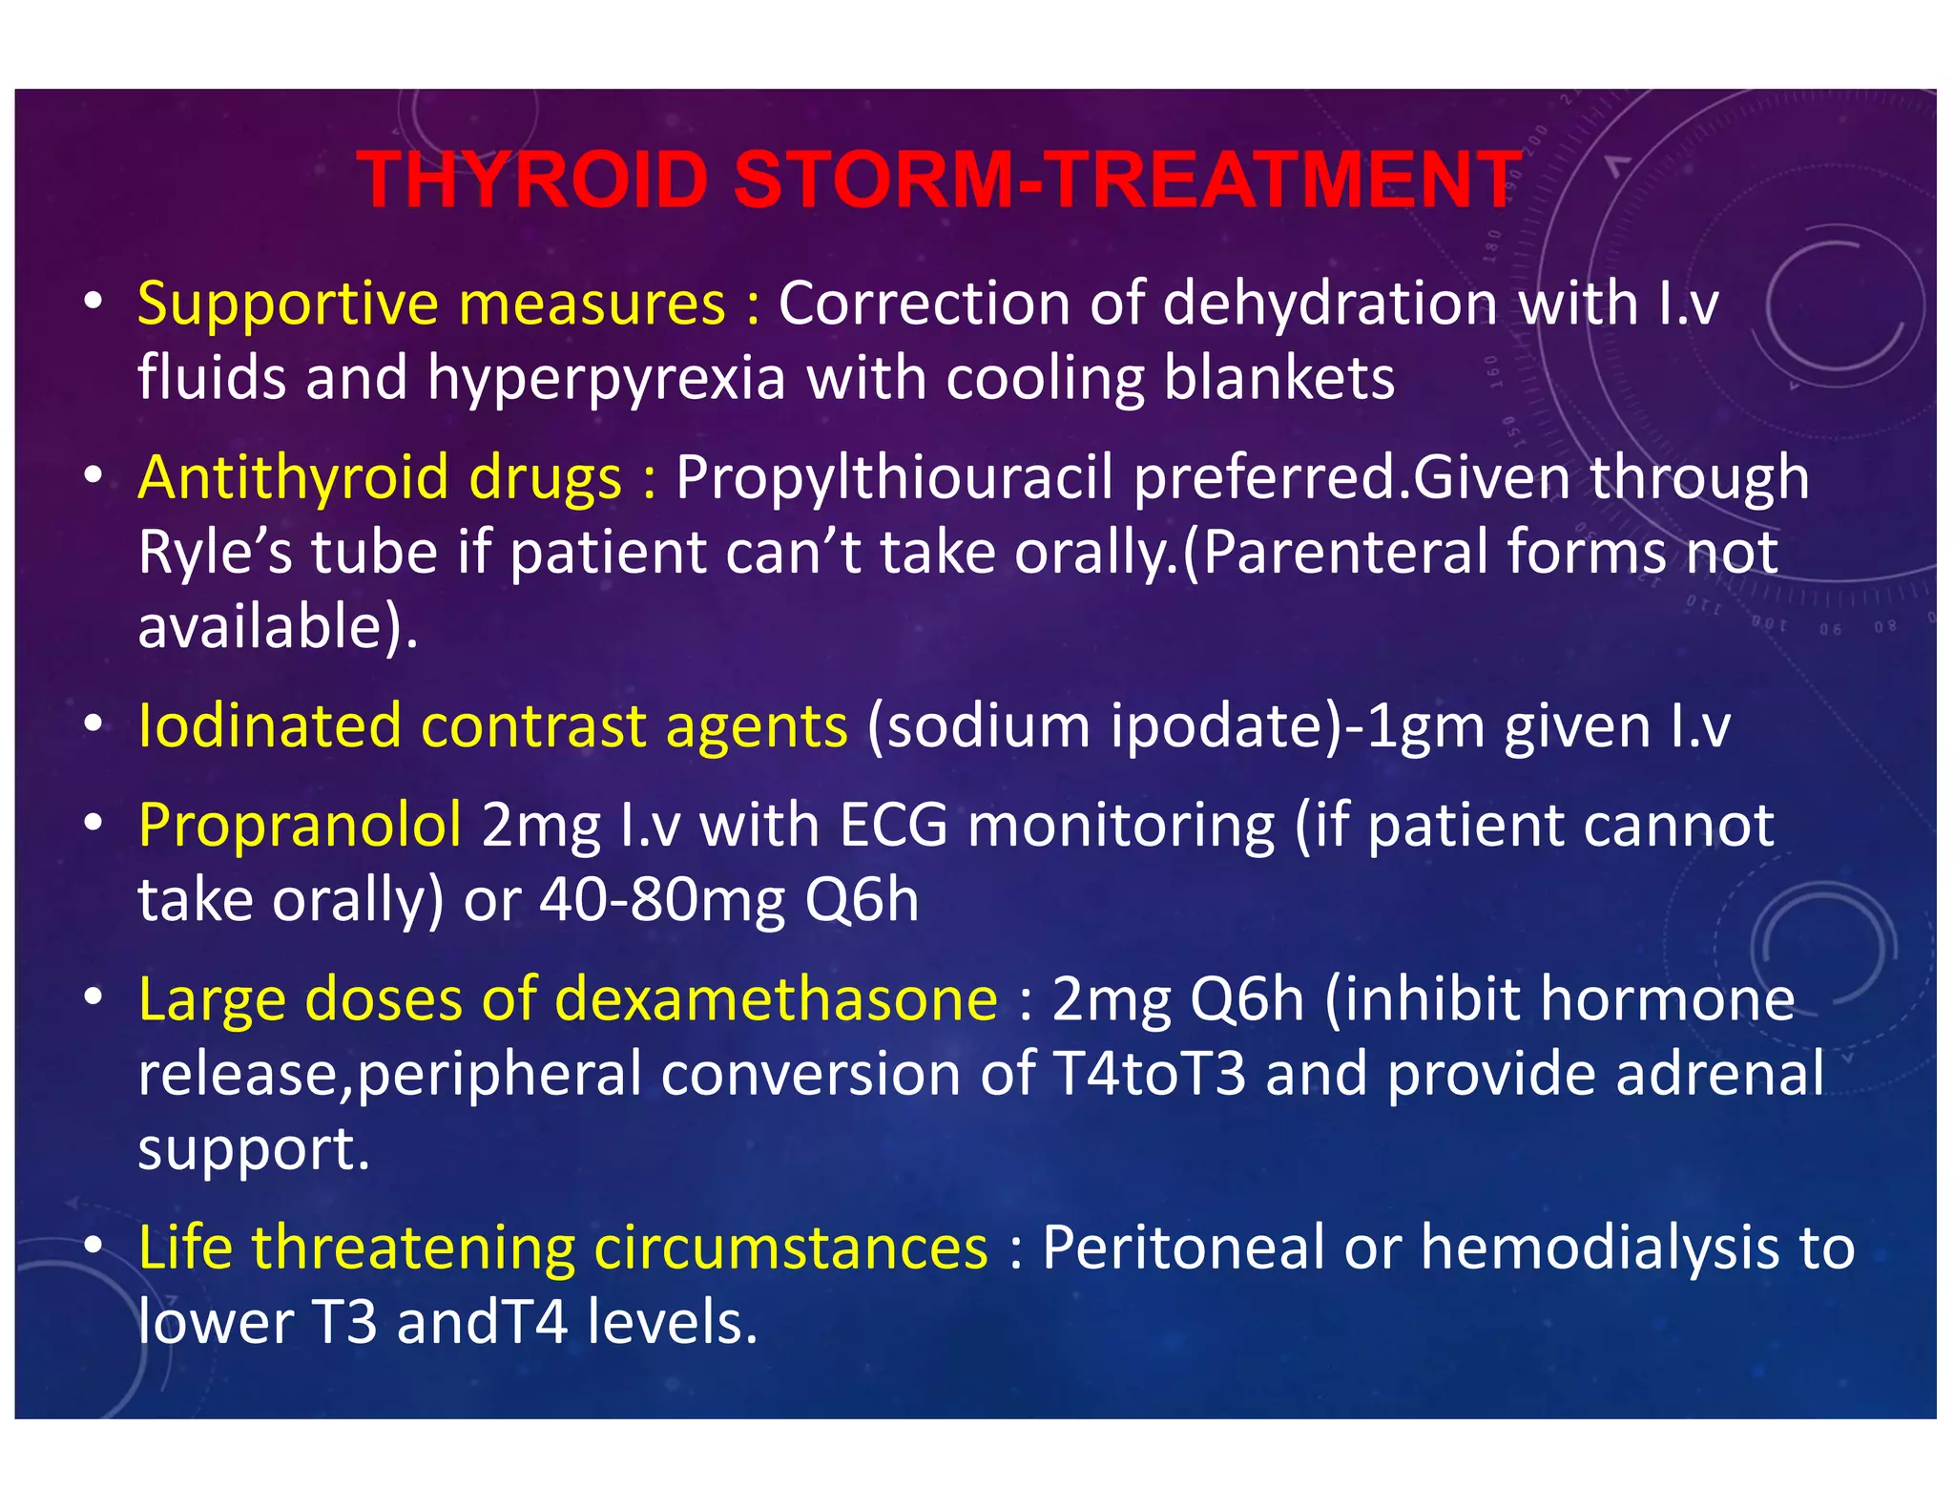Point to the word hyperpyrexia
coord(607,379)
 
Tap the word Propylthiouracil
coord(894,477)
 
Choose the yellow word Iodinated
coord(269,725)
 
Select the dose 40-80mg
coord(662,899)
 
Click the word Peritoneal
coord(1183,1247)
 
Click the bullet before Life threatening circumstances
coord(93,1247)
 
